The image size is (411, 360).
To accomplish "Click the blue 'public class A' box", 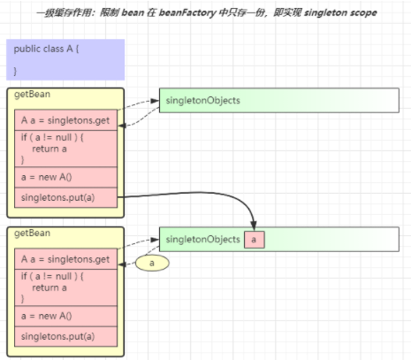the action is [x=65, y=59].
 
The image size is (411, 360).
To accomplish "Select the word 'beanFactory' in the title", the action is [x=187, y=12].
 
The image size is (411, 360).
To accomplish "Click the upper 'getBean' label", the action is [x=32, y=95].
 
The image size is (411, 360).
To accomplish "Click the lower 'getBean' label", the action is [x=32, y=234].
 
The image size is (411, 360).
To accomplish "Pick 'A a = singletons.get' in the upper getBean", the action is [x=65, y=120].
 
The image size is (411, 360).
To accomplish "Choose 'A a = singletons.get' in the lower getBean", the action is [x=65, y=259].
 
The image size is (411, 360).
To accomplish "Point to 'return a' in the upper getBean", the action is [x=49, y=149].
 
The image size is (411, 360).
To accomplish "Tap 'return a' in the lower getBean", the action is [x=49, y=287].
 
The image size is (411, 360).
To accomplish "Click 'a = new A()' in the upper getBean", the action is [x=46, y=177].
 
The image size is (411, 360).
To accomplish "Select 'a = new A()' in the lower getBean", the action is [x=46, y=316].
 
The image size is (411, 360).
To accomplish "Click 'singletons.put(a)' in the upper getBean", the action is [x=57, y=197].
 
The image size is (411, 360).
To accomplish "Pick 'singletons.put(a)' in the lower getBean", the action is [x=57, y=336].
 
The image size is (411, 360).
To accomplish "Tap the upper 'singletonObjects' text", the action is [x=203, y=101].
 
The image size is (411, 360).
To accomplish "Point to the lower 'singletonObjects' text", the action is [x=203, y=240].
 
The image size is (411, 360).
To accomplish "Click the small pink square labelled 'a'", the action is [x=255, y=240].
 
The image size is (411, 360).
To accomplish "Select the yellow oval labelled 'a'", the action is [x=152, y=263].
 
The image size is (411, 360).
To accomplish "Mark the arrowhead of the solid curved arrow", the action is [x=254, y=226].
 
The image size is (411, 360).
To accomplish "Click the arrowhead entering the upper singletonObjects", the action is [x=155, y=101].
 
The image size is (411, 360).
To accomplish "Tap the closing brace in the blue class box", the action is [x=15, y=72].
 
